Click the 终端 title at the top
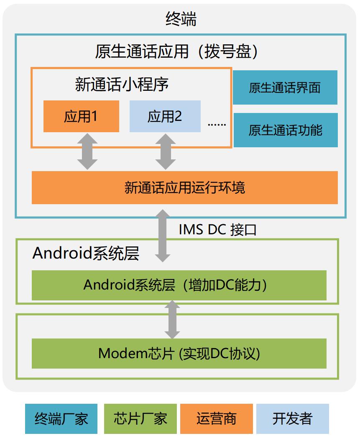point(181,19)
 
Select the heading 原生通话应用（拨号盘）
point(176,51)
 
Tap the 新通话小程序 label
point(122,84)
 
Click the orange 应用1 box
point(81,116)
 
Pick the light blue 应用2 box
point(165,116)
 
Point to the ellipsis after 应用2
point(217,124)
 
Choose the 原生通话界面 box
point(285,87)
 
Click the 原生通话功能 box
point(286,130)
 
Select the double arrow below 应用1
point(87,151)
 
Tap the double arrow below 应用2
point(166,151)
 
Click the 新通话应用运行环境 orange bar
point(185,187)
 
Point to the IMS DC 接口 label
point(217,230)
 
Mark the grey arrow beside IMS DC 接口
point(163,236)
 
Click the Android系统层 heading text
point(86,253)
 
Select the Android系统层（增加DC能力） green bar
point(179,285)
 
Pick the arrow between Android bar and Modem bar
point(172,320)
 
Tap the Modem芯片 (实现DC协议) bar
point(179,354)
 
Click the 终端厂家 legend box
point(61,419)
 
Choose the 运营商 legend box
point(217,419)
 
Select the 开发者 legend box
point(293,419)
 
